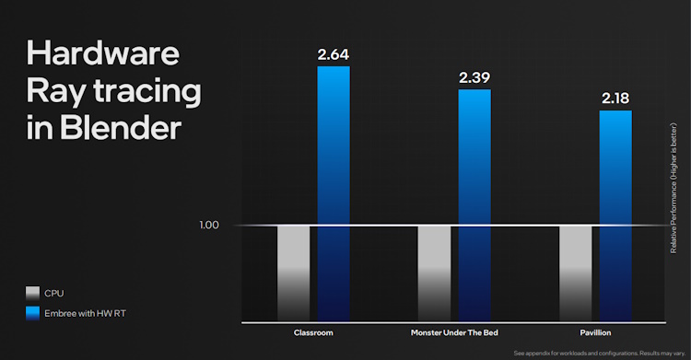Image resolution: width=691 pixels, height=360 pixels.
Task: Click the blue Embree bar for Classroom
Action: pos(334,193)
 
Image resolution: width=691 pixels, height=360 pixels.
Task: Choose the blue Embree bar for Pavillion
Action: pos(615,215)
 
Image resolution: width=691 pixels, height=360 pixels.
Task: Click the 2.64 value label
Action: pos(334,53)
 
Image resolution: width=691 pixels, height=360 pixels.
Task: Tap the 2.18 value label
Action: pos(615,98)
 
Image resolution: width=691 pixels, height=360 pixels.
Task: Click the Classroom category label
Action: pos(313,331)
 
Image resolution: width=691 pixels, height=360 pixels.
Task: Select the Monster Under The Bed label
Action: pos(455,331)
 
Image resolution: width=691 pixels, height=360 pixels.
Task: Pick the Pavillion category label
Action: pos(596,331)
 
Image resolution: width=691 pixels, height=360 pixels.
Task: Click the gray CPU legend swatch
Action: pos(32,293)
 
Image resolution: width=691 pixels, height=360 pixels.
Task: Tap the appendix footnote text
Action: pos(599,353)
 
